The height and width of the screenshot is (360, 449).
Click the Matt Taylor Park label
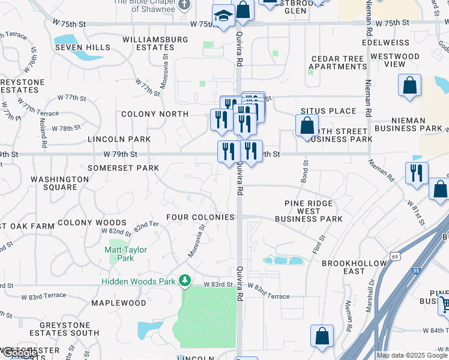click(x=125, y=254)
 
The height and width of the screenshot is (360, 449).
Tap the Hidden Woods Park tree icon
click(x=185, y=280)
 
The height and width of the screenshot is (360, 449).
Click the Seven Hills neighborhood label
click(x=82, y=47)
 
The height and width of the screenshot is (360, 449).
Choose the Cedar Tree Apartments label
click(x=337, y=63)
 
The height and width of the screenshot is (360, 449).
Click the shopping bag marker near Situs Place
click(x=307, y=126)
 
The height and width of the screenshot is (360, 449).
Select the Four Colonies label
click(x=200, y=217)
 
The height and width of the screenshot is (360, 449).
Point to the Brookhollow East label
click(x=343, y=267)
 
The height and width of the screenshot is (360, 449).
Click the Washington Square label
click(x=59, y=183)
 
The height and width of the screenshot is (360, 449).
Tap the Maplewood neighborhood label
click(x=119, y=303)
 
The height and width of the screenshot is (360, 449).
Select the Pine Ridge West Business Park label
click(x=309, y=211)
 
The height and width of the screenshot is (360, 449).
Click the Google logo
click(x=19, y=353)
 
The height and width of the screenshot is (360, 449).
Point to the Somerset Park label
click(x=123, y=168)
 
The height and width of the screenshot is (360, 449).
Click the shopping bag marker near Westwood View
click(x=409, y=86)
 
